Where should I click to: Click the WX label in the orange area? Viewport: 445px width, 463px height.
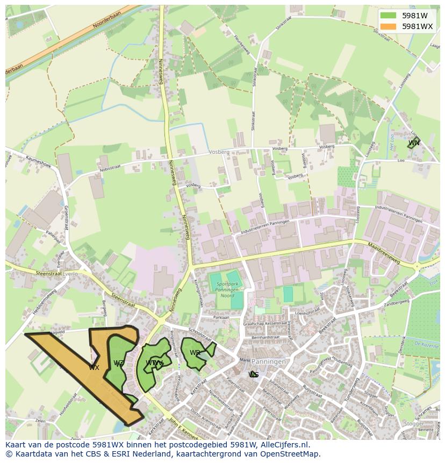pyautogui.click(x=94, y=368)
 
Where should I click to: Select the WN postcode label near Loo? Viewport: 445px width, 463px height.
pyautogui.click(x=414, y=143)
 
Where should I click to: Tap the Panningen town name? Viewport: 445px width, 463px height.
pyautogui.click(x=269, y=362)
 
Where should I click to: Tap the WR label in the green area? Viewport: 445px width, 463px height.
pyautogui.click(x=195, y=353)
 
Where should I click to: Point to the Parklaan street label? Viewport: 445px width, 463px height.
pyautogui.click(x=220, y=317)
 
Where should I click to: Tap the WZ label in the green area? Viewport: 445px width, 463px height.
pyautogui.click(x=119, y=364)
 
